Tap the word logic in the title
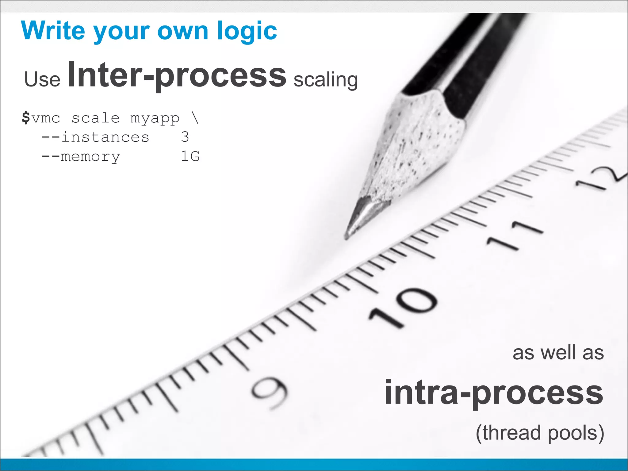[247, 32]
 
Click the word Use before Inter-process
[42, 79]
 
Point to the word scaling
[326, 80]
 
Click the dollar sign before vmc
[26, 118]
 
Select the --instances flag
[95, 137]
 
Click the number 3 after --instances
[185, 137]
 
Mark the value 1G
[190, 156]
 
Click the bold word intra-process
[494, 393]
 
